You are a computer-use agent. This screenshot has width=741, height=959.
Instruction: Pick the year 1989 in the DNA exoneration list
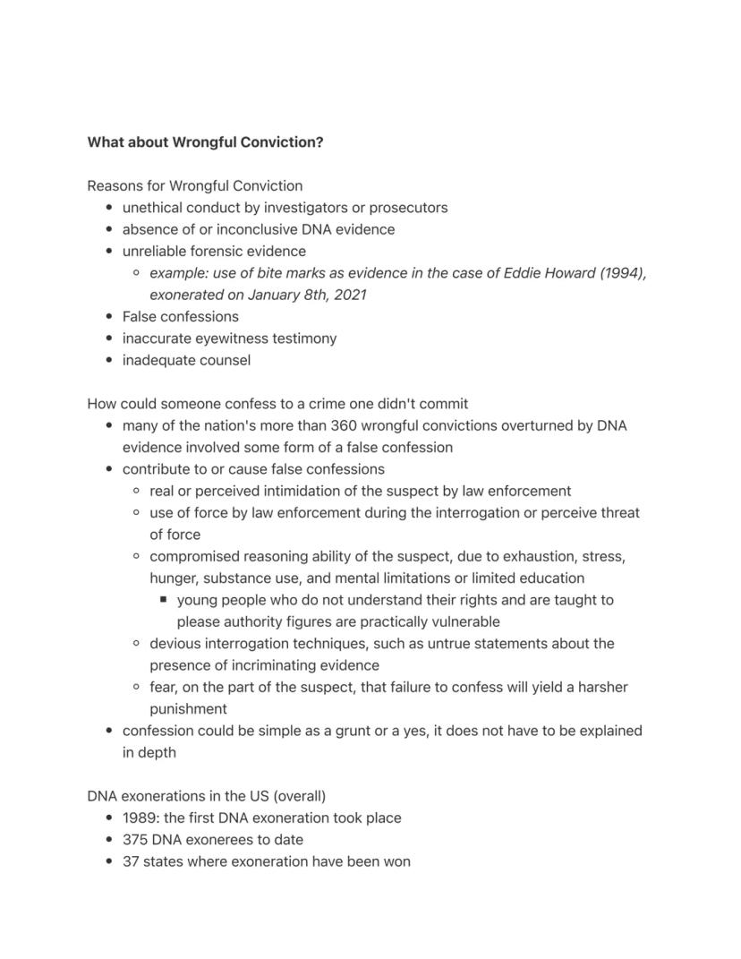[x=141, y=818]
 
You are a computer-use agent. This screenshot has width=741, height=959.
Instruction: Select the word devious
[x=175, y=644]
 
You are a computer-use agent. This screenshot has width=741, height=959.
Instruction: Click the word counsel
[x=224, y=360]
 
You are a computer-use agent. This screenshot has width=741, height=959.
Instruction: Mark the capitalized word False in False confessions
[x=140, y=317]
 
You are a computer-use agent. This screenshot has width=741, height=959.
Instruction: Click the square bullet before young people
[x=163, y=600]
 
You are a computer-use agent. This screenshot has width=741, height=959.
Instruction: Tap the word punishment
[x=188, y=709]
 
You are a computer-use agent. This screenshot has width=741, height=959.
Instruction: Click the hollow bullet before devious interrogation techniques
[x=136, y=644]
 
